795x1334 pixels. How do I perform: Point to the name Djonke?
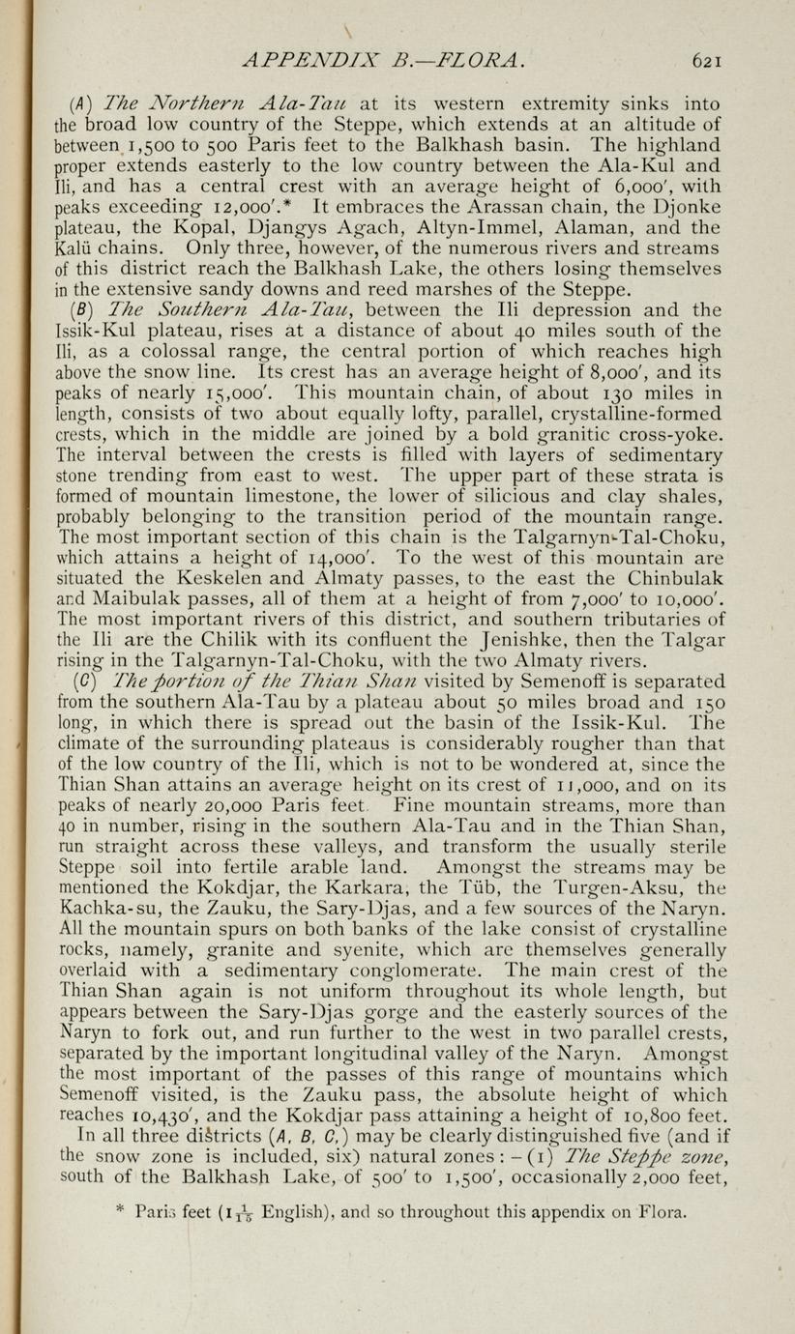(x=686, y=206)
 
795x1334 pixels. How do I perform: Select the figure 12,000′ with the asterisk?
(x=268, y=206)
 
